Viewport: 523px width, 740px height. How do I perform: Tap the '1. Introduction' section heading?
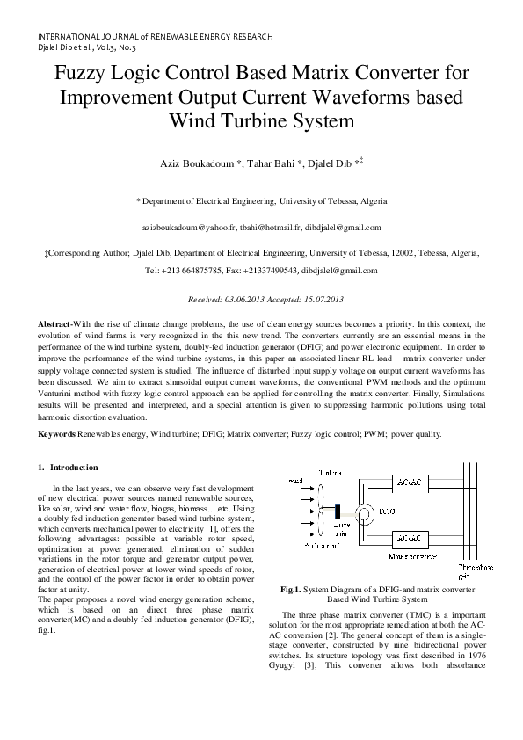pyautogui.click(x=69, y=467)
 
